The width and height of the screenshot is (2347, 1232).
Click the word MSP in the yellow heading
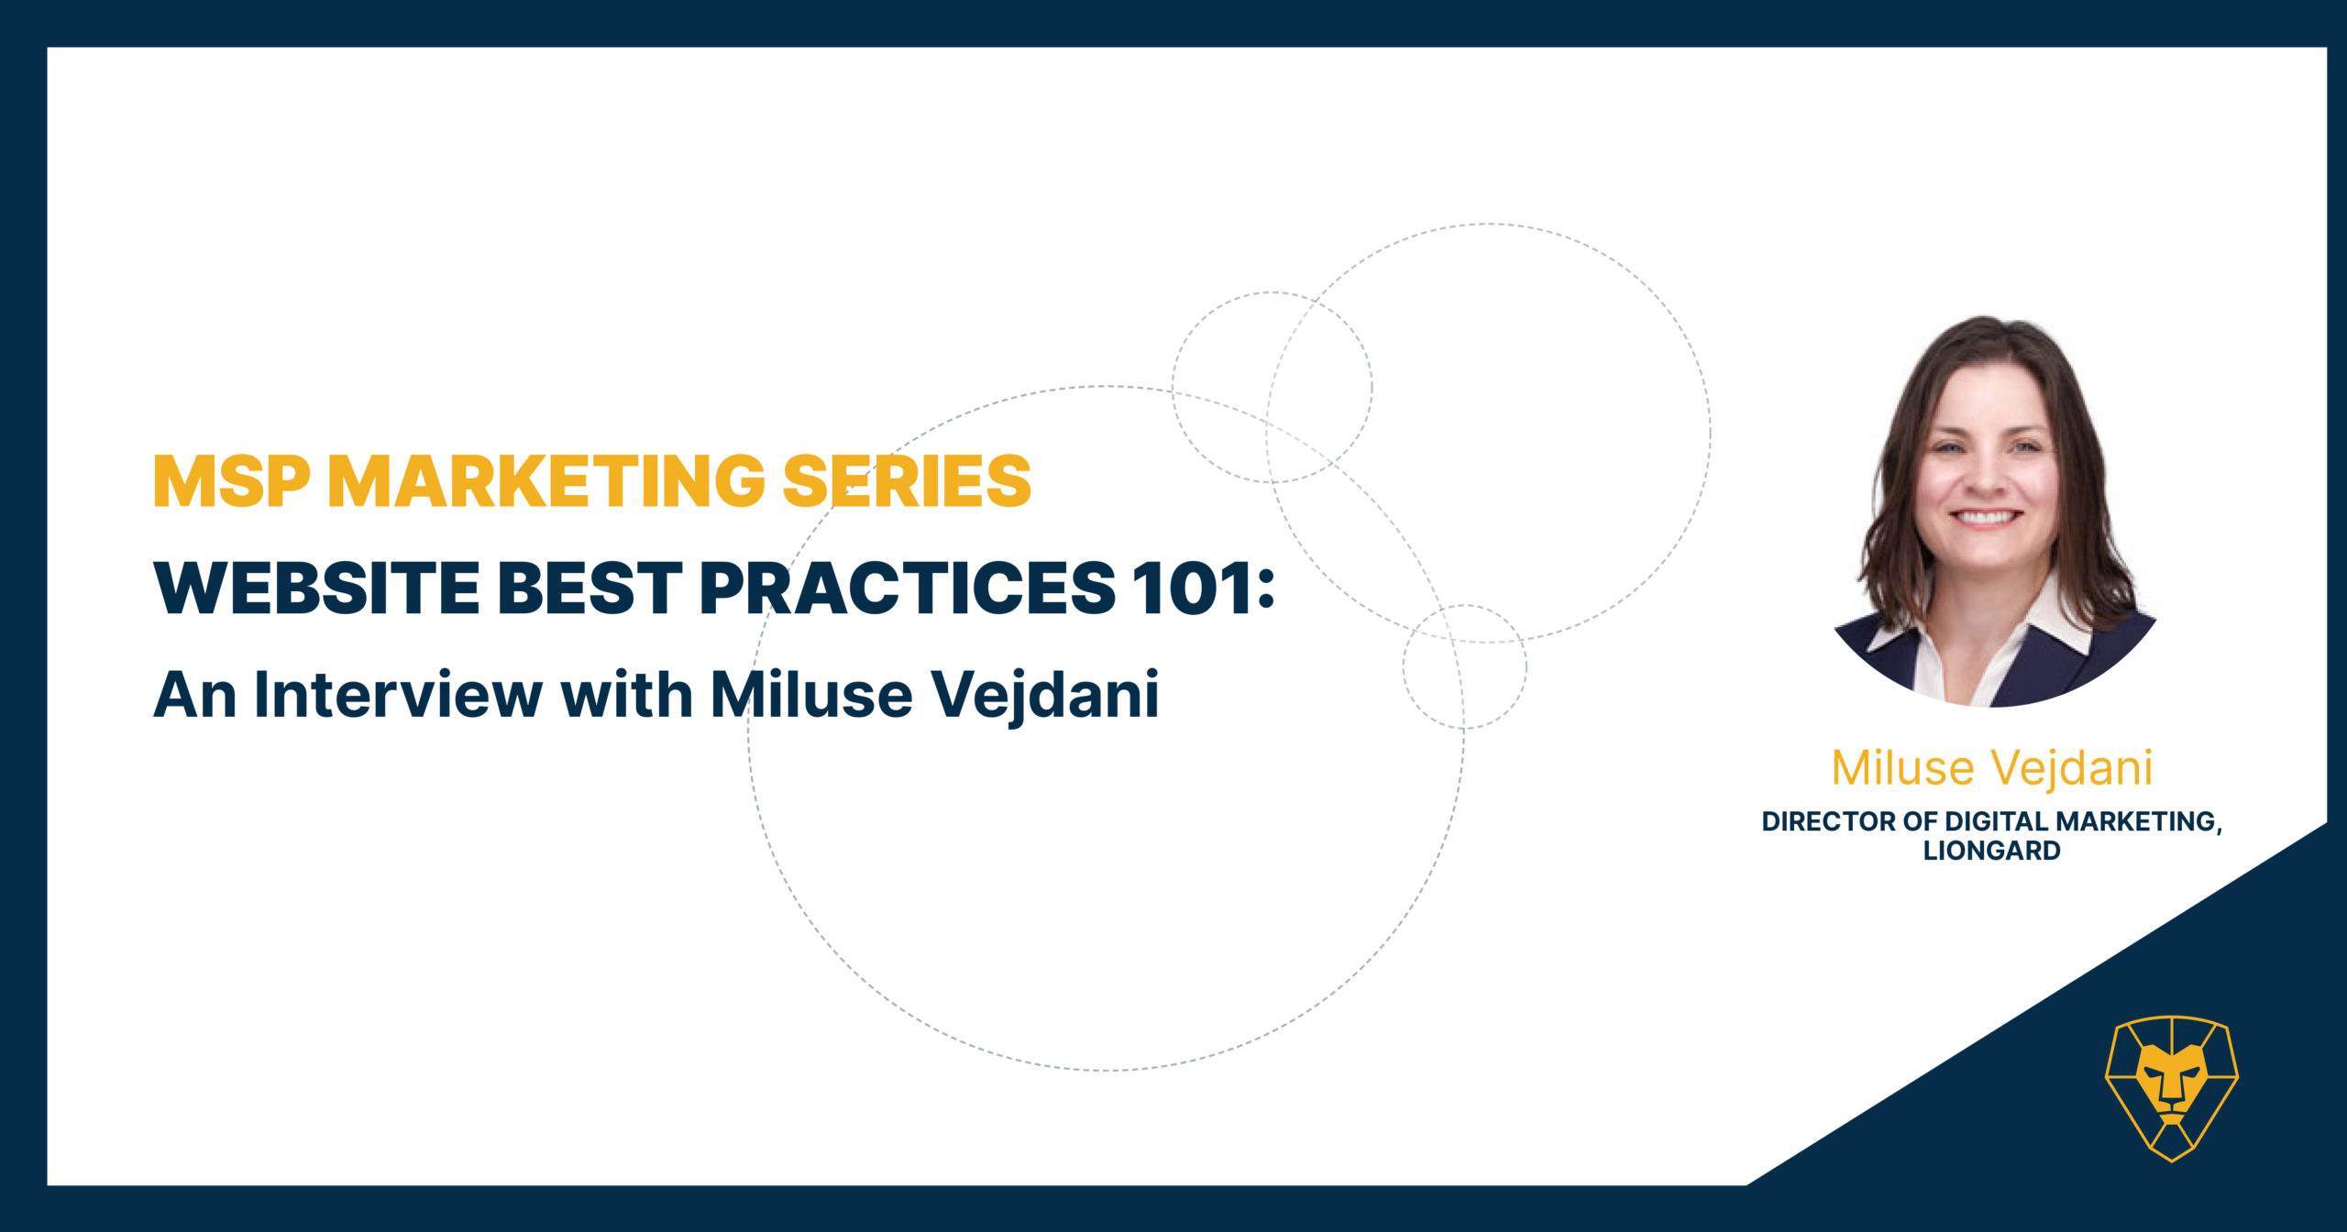point(232,480)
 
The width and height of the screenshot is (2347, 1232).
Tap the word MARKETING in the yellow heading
point(546,480)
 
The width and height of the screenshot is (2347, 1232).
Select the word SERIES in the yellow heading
point(907,480)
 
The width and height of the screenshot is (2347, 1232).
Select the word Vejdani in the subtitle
point(1046,696)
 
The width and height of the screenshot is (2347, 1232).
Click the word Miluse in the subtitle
point(811,694)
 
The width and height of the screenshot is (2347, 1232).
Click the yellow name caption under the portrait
point(1992,768)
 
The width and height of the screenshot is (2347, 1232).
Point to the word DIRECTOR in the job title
point(1829,821)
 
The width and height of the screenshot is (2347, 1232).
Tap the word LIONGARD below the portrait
point(1992,851)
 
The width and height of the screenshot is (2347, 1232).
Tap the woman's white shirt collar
point(1989,632)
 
